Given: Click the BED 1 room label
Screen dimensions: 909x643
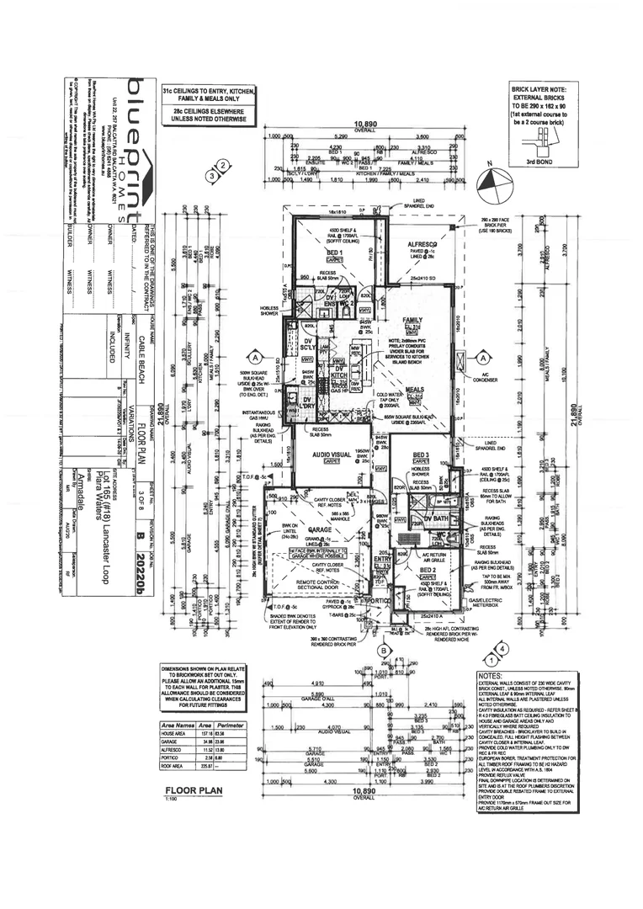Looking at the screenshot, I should (x=334, y=252).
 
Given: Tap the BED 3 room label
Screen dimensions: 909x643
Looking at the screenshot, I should (x=421, y=454).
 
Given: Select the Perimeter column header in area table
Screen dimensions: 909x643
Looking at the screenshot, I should (x=230, y=725).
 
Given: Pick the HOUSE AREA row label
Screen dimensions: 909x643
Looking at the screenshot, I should (x=176, y=732).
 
